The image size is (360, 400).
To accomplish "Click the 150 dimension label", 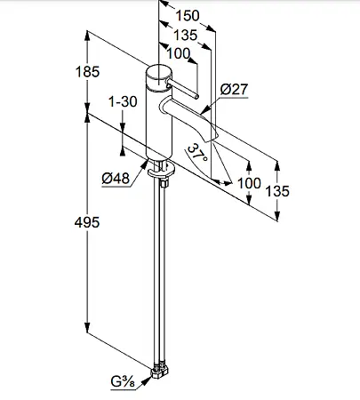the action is click(188, 15).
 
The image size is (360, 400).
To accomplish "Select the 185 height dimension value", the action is click(87, 72).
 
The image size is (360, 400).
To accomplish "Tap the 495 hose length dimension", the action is click(87, 222).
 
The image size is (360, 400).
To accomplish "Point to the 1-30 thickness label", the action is click(123, 101).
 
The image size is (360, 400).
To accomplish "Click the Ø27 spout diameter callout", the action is click(234, 89).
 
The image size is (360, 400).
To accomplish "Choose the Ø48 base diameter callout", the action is click(116, 178).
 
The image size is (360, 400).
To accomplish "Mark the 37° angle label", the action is click(197, 153).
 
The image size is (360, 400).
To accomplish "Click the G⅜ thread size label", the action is click(123, 382).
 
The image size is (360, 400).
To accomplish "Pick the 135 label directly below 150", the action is click(185, 35).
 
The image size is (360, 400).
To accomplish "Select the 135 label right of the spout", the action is click(277, 191).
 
